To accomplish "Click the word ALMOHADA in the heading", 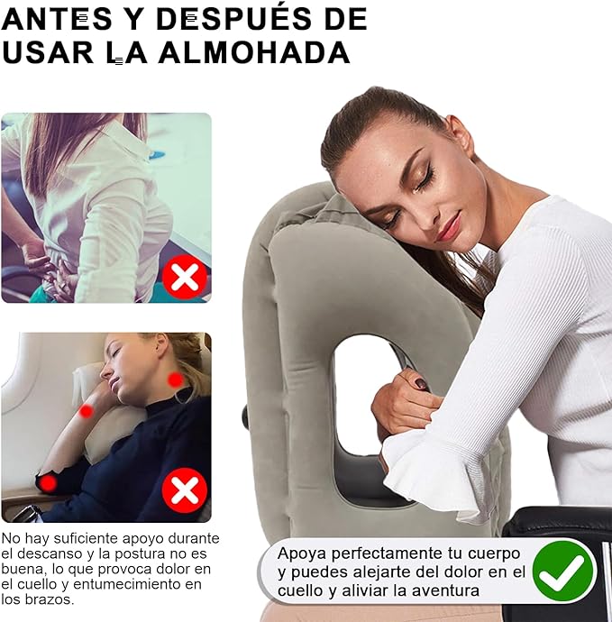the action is point(254,52).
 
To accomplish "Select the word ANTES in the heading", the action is point(57,19).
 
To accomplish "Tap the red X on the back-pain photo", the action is point(185,277).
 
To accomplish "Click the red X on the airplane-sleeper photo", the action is point(185,490).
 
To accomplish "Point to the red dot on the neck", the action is point(175,380).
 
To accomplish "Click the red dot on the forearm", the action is point(86,411).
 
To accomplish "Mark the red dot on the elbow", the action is point(49,483).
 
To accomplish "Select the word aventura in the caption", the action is point(445,590).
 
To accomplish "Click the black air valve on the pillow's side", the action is point(245,417).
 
